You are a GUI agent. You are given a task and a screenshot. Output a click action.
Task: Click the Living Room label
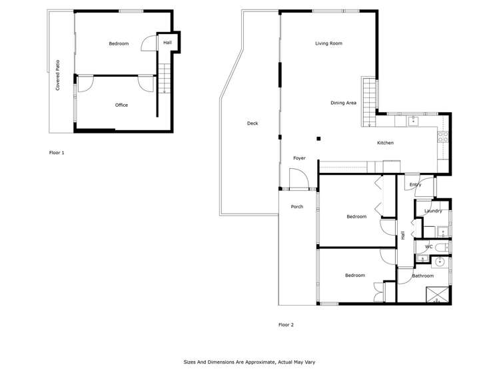pyautogui.click(x=328, y=43)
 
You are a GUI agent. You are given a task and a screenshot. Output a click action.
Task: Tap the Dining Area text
pyautogui.click(x=343, y=103)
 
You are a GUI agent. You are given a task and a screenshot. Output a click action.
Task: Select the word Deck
pyautogui.click(x=252, y=123)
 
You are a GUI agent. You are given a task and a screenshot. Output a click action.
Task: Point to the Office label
pyautogui.click(x=121, y=105)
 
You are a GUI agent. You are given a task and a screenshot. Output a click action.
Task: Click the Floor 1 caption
pyautogui.click(x=57, y=153)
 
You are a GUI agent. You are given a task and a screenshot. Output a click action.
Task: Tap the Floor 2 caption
pyautogui.click(x=286, y=325)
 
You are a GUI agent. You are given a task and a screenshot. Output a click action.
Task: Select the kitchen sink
pyautogui.click(x=413, y=121)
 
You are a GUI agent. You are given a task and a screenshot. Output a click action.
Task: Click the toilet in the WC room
pyautogui.click(x=442, y=247)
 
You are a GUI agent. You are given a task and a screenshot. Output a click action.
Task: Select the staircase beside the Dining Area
pyautogui.click(x=370, y=101)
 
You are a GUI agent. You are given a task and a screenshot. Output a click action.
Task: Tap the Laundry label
pyautogui.click(x=433, y=211)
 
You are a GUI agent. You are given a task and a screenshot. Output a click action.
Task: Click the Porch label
pyautogui.click(x=297, y=207)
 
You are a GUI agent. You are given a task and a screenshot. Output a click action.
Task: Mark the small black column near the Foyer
pyautogui.click(x=318, y=139)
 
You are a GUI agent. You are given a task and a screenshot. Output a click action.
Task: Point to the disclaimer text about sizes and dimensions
pyautogui.click(x=249, y=362)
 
